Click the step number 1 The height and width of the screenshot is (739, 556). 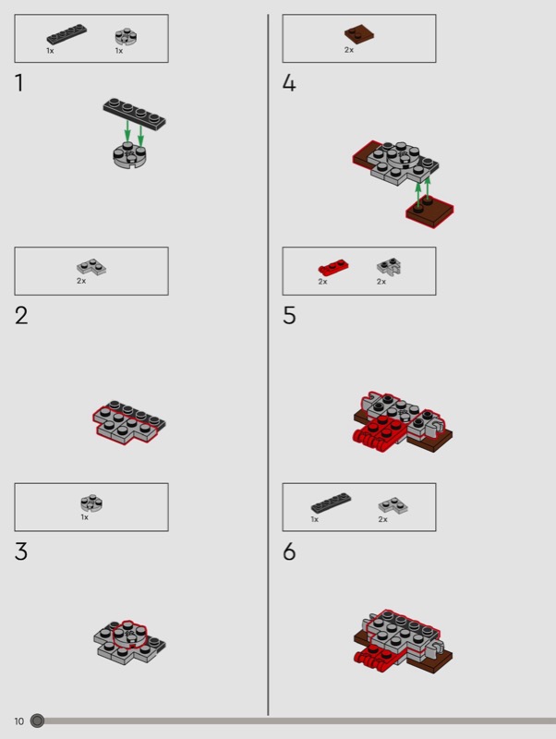[x=19, y=82]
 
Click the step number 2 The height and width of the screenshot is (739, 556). [x=21, y=315]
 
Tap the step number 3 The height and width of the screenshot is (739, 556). [x=21, y=551]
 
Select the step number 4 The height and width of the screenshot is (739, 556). [x=289, y=82]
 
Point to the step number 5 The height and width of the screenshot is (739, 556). [x=289, y=315]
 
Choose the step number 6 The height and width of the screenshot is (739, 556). [x=289, y=551]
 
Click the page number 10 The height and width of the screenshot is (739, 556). [x=18, y=721]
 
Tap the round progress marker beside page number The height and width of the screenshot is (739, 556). [x=37, y=721]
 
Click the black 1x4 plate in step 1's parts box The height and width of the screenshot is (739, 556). [x=66, y=34]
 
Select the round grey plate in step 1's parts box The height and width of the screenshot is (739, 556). [x=126, y=37]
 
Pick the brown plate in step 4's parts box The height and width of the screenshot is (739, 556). [x=359, y=34]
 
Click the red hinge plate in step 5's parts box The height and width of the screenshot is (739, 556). [x=332, y=267]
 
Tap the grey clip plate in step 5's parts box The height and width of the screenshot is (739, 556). [x=389, y=267]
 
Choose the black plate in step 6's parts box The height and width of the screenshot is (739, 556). [x=332, y=503]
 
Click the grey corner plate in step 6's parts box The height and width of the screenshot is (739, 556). [x=393, y=505]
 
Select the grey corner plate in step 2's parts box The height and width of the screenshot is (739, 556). [x=91, y=267]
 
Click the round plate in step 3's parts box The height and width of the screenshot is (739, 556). [x=91, y=503]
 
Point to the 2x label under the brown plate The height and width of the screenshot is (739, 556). [x=349, y=50]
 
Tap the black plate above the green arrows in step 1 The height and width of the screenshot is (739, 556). [x=134, y=114]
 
